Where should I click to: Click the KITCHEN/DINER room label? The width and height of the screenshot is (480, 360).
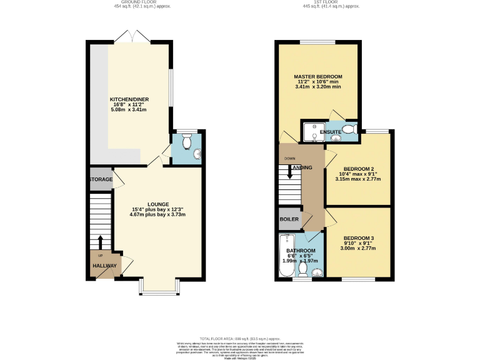[128, 99]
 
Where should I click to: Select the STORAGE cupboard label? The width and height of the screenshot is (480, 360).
[101, 180]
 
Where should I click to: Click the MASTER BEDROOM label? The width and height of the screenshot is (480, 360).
[318, 77]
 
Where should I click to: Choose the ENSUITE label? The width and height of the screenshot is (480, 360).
[331, 132]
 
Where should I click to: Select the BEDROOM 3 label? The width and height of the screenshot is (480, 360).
[358, 238]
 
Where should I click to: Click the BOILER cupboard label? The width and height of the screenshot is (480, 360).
[289, 219]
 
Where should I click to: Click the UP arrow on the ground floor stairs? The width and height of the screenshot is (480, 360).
[100, 241]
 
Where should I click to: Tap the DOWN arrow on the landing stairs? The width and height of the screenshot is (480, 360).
[289, 172]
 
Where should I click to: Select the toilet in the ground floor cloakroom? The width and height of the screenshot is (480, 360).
[186, 138]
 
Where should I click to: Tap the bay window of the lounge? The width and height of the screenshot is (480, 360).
[159, 287]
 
